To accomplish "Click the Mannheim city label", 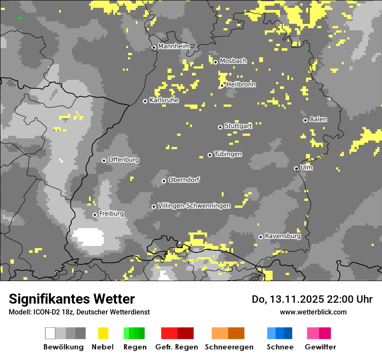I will click(174, 46).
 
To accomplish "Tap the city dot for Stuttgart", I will click(220, 127).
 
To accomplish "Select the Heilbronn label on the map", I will click(241, 85).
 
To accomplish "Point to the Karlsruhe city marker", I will click(145, 101).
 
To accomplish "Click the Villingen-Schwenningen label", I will click(194, 206).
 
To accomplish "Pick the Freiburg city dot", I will click(95, 215).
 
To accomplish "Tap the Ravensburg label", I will click(283, 236).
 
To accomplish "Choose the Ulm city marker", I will click(296, 168).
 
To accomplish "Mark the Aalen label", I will click(318, 119).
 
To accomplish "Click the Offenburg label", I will click(124, 160).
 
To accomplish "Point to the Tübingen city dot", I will click(210, 155).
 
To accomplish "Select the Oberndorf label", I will click(184, 180).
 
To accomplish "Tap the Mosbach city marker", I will click(215, 62).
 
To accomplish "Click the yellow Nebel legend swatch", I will click(103, 333).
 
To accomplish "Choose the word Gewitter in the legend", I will click(320, 347).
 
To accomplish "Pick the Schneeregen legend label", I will click(229, 347).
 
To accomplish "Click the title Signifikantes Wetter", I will click(72, 299).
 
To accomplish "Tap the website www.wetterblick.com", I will click(313, 312).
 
